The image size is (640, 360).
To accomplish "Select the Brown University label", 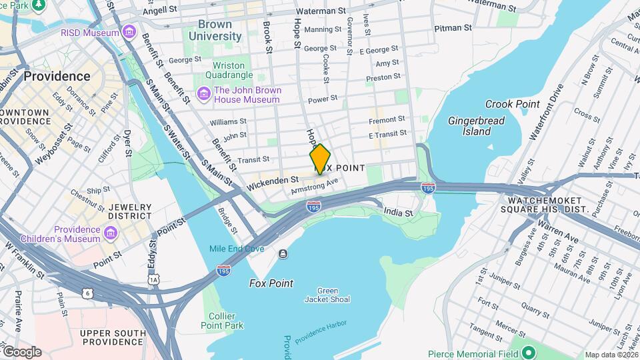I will [x=215, y=31].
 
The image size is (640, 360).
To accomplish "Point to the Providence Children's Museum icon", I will [x=111, y=235].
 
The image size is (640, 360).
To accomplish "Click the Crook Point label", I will [x=512, y=104].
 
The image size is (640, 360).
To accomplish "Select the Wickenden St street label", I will [x=271, y=180].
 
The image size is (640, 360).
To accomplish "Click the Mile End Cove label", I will [x=237, y=249].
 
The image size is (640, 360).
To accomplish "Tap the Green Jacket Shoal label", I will [x=327, y=295].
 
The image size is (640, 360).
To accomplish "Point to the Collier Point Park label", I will [x=222, y=321].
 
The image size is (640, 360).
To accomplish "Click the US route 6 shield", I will [x=87, y=292].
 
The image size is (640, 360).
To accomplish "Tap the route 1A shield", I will [x=154, y=279].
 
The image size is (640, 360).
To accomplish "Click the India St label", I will [x=399, y=213].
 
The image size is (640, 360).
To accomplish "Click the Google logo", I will [x=21, y=352].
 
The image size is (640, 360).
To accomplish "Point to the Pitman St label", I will [x=453, y=29].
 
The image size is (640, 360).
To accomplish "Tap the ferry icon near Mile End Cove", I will [x=283, y=253].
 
